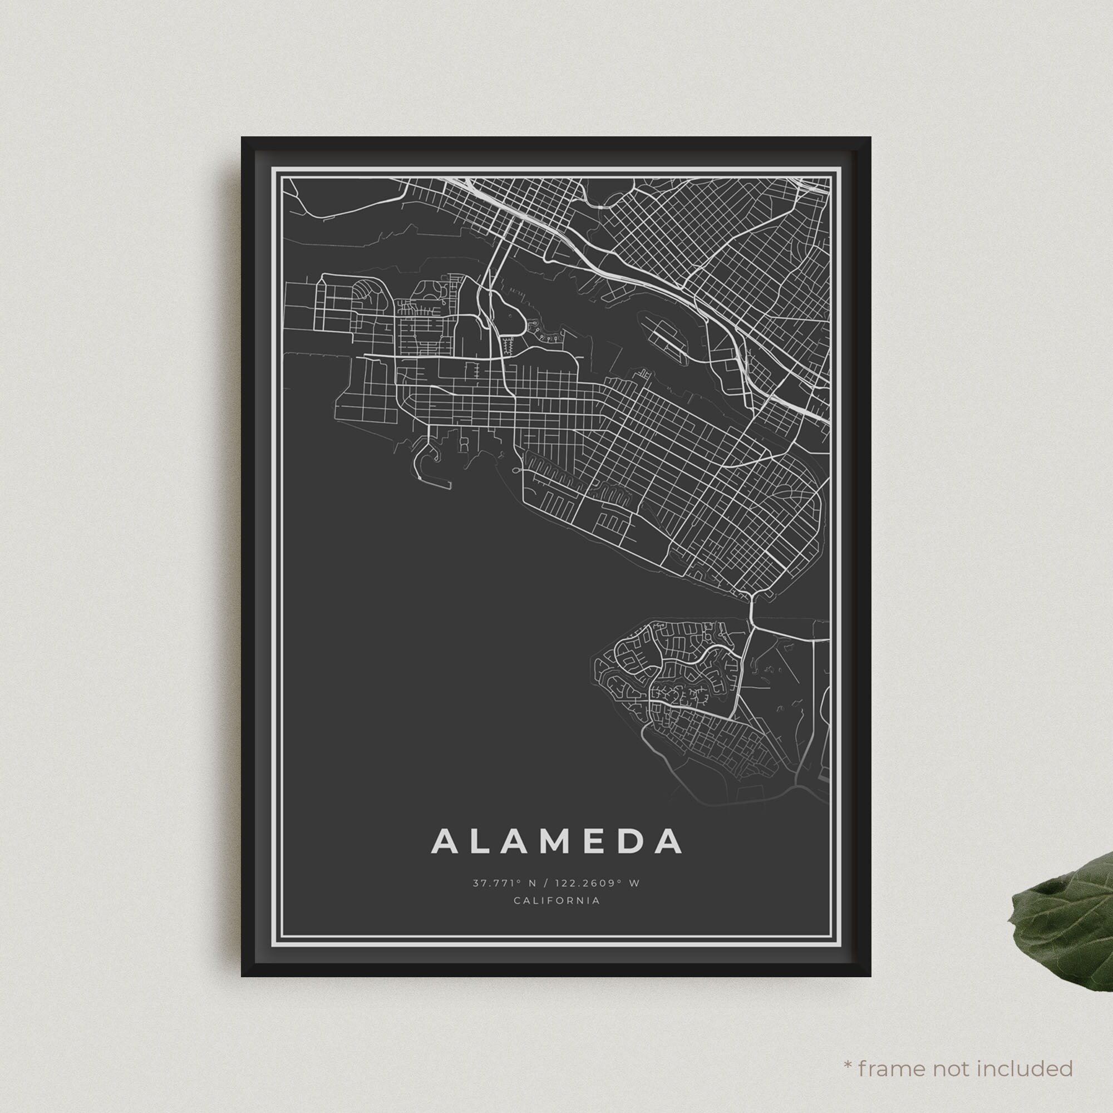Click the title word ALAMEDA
[x=556, y=841]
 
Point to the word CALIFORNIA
[x=556, y=900]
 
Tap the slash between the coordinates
[x=545, y=883]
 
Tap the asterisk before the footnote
[x=848, y=1049]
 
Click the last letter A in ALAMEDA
[x=669, y=841]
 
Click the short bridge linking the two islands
[x=752, y=608]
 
